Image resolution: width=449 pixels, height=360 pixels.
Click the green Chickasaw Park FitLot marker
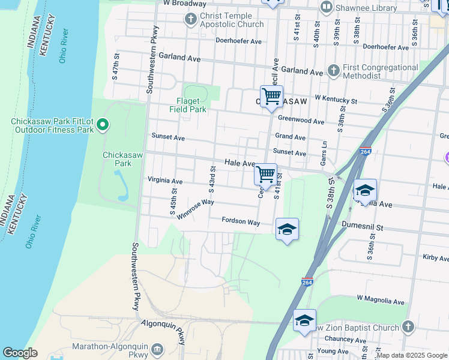pyautogui.click(x=103, y=125)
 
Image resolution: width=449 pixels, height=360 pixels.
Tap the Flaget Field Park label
pyautogui.click(x=191, y=105)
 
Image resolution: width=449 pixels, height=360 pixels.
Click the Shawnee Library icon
pyautogui.click(x=327, y=8)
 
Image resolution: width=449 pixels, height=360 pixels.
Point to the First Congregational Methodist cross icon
pyautogui.click(x=334, y=71)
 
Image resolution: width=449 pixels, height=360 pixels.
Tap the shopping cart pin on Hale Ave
pyautogui.click(x=265, y=175)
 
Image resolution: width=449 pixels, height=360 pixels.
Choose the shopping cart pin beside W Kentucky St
pyautogui.click(x=271, y=96)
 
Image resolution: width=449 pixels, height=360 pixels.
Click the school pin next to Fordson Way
pyautogui.click(x=287, y=229)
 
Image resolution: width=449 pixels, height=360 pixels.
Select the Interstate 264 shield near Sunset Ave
pyautogui.click(x=365, y=152)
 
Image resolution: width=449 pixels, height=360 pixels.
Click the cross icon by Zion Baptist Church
pyautogui.click(x=408, y=327)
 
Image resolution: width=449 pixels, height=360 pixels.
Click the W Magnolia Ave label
pyautogui.click(x=381, y=299)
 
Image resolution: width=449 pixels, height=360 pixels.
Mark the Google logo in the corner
pyautogui.click(x=20, y=353)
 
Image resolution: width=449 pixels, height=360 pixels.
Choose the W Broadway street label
pyautogui.click(x=184, y=4)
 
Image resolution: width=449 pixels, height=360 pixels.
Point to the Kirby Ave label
pyautogui.click(x=435, y=258)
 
